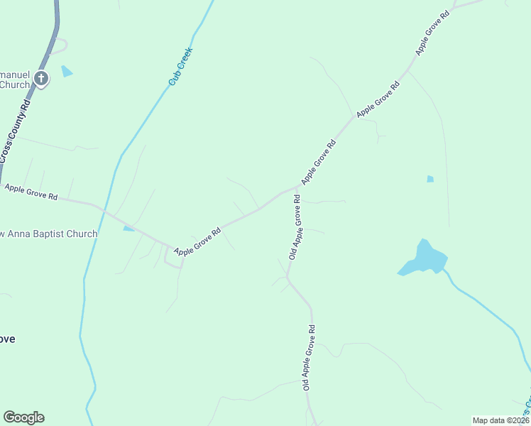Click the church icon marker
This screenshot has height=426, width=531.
41,78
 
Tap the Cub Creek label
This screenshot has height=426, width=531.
181,67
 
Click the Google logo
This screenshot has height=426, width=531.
23,417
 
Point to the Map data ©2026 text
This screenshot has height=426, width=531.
500,420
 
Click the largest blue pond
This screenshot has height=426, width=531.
424,259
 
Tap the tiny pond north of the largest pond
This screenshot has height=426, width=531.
430,179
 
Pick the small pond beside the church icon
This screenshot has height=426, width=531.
66,71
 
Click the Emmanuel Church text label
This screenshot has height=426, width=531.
14,79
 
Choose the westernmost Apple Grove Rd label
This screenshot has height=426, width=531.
31,192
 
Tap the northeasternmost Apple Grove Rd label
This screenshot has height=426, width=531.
433,33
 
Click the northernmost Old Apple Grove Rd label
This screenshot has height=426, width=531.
295,227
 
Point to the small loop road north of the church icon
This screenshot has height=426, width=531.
60,45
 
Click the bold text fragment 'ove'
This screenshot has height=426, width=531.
7,339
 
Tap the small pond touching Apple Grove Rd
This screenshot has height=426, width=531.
128,228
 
